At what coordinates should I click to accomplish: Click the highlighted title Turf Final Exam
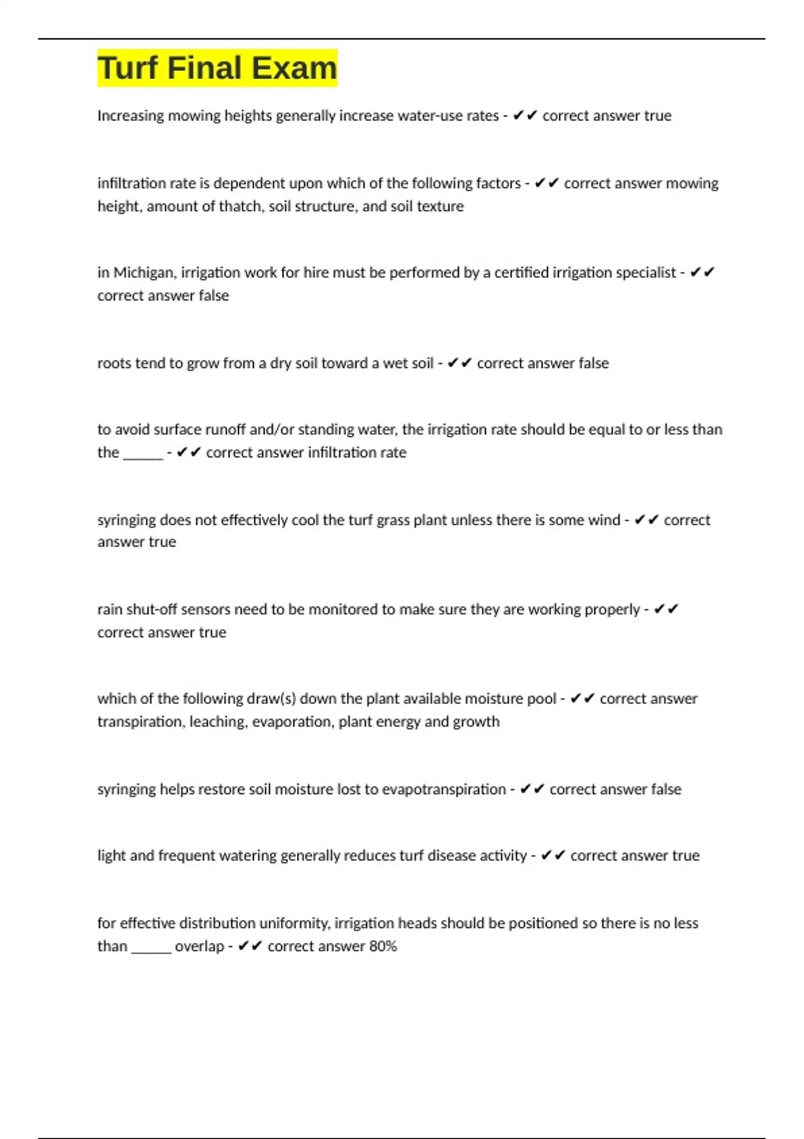pyautogui.click(x=217, y=68)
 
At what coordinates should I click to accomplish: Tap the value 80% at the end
pyautogui.click(x=383, y=946)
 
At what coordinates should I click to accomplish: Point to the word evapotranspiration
pyautogui.click(x=444, y=789)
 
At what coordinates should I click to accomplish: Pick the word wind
pyautogui.click(x=604, y=520)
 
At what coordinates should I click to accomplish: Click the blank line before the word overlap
pyautogui.click(x=151, y=947)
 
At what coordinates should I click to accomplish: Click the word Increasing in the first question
pyautogui.click(x=130, y=116)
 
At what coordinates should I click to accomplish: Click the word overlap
pyautogui.click(x=199, y=946)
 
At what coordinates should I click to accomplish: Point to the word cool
pyautogui.click(x=305, y=520)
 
